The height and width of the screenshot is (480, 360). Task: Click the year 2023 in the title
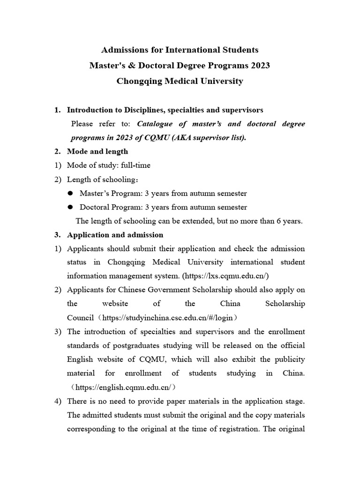260,65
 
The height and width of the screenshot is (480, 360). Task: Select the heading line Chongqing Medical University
180,81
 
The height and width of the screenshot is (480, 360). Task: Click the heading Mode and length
97,151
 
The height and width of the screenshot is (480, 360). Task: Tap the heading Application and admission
115,235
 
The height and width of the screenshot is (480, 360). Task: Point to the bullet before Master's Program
70,193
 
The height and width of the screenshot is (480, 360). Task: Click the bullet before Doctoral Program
70,207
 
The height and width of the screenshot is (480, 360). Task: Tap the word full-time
135,165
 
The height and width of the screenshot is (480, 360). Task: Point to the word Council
80,318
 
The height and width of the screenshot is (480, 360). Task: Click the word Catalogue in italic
156,124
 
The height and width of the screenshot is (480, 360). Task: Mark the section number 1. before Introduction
57,110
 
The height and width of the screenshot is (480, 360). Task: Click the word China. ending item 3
294,373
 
